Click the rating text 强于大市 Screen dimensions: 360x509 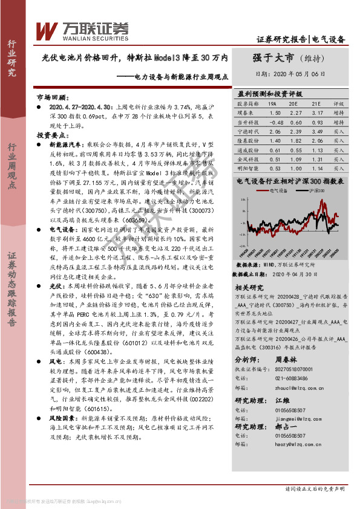273,58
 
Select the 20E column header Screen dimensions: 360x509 295,104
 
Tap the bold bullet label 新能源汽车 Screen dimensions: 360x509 63,146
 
